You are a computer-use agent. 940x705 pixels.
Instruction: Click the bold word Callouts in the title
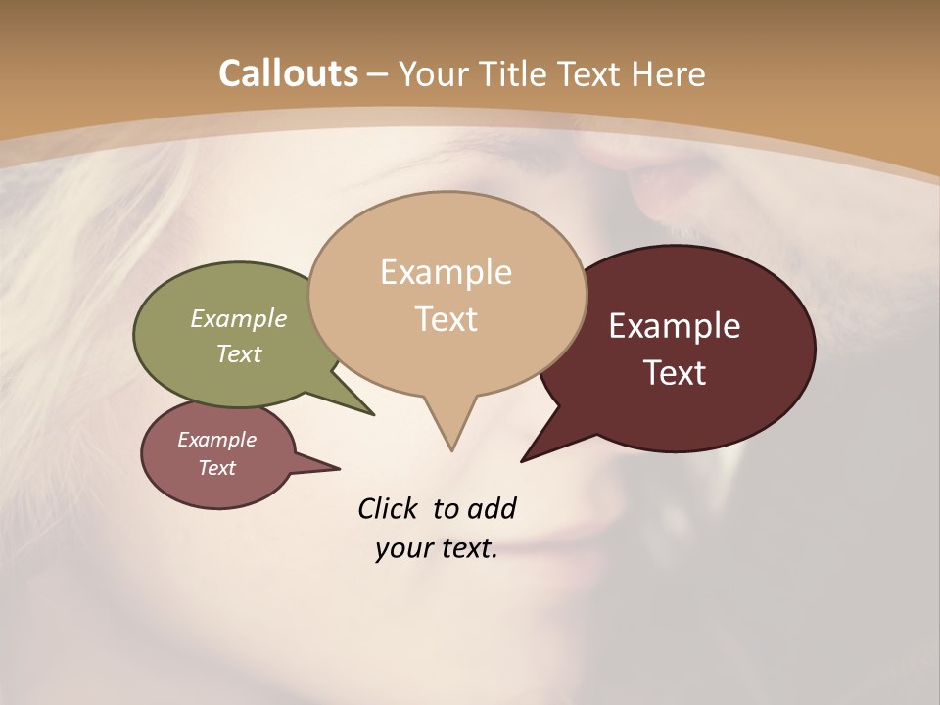[x=289, y=73]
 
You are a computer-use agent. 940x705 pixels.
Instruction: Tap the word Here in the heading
[x=670, y=73]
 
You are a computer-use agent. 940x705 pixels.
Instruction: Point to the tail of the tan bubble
[x=450, y=431]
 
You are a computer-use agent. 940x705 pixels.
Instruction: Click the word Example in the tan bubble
[x=446, y=272]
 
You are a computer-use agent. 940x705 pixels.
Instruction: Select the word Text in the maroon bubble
[x=675, y=373]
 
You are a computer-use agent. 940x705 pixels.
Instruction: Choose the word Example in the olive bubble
[x=239, y=318]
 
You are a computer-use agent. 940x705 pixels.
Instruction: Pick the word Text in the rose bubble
[x=216, y=468]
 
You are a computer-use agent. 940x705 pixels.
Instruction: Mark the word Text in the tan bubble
[x=446, y=319]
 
